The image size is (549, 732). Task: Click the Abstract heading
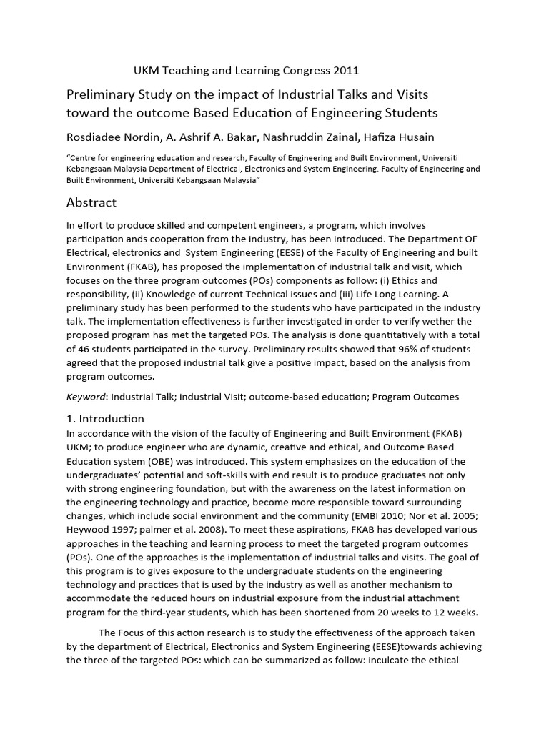(91, 202)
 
